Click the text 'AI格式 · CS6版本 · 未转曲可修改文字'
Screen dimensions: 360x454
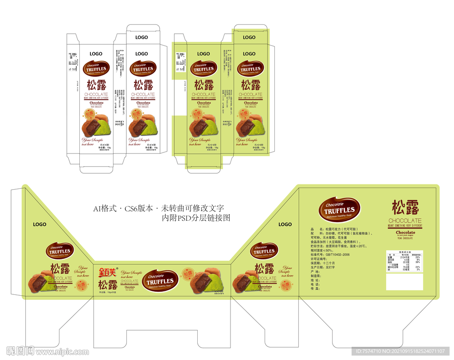(x=158, y=208)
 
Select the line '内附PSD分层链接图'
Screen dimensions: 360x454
(x=196, y=218)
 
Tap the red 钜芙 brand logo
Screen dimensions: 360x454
(x=107, y=271)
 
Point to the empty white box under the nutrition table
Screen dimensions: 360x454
(x=404, y=282)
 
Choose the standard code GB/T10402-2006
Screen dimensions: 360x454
(x=330, y=254)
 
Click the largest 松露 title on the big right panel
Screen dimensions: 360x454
(x=405, y=207)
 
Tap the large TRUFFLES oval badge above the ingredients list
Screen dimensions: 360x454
(x=339, y=210)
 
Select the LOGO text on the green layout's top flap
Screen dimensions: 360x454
(x=249, y=38)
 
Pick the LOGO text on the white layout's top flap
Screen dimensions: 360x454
(x=141, y=38)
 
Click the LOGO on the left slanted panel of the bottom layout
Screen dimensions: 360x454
(x=39, y=225)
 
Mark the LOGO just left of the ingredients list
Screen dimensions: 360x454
(x=285, y=224)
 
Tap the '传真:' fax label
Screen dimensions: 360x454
(x=315, y=289)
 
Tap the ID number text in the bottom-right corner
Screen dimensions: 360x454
(x=400, y=351)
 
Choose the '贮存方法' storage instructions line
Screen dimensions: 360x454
(x=339, y=246)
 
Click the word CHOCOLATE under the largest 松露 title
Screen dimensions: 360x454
(x=405, y=221)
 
